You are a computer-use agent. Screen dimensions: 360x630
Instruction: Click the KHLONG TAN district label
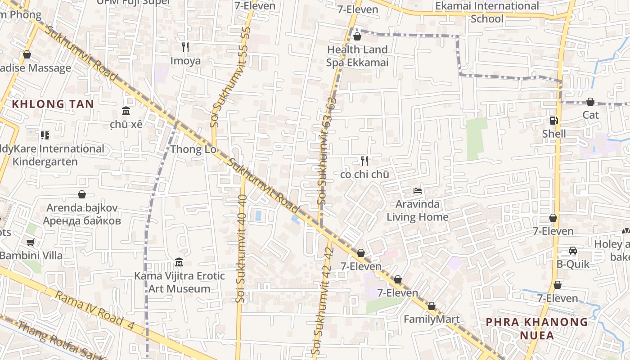pos(53,104)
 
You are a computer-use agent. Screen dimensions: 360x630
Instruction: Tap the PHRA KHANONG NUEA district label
pos(537,328)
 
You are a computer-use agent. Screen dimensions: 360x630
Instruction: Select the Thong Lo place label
pos(193,149)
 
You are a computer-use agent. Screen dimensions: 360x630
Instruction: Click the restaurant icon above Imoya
pos(185,47)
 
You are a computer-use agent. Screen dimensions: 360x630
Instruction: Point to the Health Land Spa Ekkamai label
pos(357,56)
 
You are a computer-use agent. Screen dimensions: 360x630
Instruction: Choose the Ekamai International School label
pos(487,12)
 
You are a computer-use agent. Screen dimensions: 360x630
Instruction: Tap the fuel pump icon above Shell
pos(554,121)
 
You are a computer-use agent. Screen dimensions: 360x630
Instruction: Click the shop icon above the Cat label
pos(590,102)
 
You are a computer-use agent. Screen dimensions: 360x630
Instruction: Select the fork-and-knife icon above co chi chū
pos(364,161)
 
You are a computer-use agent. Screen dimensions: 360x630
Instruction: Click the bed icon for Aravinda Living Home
pos(418,191)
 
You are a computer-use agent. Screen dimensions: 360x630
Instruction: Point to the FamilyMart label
pos(432,319)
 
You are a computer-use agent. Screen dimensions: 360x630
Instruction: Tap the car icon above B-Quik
pos(573,251)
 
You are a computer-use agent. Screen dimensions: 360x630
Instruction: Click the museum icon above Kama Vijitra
pos(179,262)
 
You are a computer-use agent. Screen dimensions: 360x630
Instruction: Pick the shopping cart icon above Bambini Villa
pos(31,243)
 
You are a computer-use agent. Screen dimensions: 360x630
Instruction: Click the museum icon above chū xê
pos(126,111)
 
